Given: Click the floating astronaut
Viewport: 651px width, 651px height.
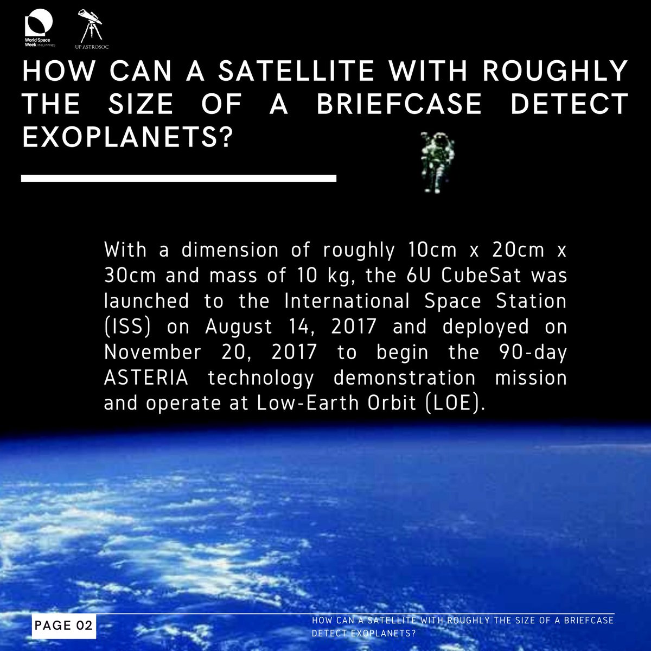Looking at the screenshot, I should (x=437, y=163).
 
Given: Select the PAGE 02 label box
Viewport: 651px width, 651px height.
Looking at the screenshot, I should (x=63, y=626).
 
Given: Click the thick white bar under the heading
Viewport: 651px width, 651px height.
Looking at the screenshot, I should (x=178, y=178).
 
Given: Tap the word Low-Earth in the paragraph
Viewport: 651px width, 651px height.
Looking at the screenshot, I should (x=302, y=404).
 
